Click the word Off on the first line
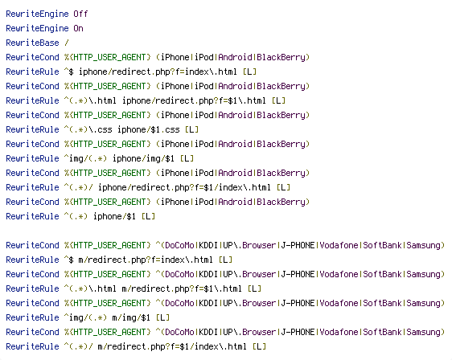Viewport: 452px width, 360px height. (80, 14)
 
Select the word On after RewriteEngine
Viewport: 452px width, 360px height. (78, 28)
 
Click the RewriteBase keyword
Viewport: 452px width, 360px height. (33, 43)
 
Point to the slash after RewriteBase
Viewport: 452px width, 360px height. (67, 43)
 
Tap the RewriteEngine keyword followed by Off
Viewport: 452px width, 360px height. (37, 14)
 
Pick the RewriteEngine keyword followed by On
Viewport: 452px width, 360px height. (37, 28)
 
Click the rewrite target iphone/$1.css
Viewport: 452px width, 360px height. (149, 129)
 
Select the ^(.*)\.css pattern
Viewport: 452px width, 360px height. (88, 129)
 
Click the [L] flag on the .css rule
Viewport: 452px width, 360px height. (191, 129)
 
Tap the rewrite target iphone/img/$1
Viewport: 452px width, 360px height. (143, 158)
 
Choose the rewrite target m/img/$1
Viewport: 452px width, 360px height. (131, 317)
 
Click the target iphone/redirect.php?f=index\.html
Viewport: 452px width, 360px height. (158, 72)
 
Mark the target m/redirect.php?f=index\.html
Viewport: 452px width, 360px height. (146, 260)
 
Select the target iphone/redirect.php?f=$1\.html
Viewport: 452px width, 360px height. (194, 100)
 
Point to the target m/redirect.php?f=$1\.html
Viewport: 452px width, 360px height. (182, 288)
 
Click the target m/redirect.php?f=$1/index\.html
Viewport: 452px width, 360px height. (172, 346)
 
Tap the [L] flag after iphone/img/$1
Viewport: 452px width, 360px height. (187, 158)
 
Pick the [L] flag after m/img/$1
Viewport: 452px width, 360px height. (163, 317)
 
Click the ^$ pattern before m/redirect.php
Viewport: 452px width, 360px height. (69, 260)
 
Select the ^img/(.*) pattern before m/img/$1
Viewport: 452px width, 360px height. (85, 317)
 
